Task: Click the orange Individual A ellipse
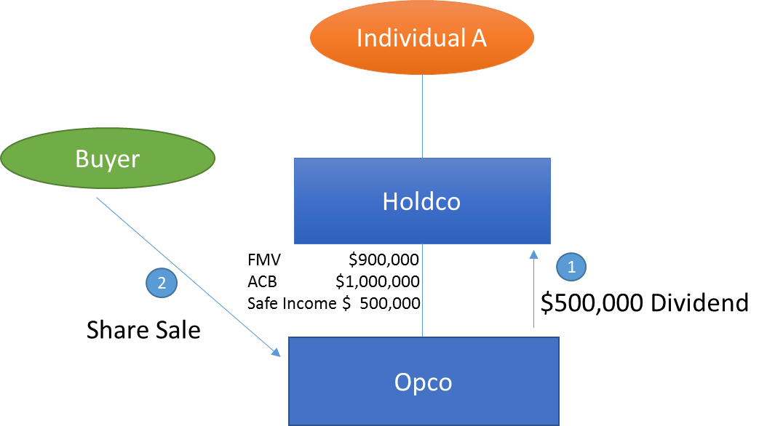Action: [422, 38]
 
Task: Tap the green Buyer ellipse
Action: [108, 158]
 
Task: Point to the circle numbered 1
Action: [571, 267]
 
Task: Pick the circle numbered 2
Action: [162, 283]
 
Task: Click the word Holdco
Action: [421, 201]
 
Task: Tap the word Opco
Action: [423, 382]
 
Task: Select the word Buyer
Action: [107, 158]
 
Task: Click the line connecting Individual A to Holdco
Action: [423, 116]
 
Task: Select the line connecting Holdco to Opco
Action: [423, 291]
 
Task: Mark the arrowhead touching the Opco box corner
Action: [277, 353]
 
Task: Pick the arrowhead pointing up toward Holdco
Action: [533, 253]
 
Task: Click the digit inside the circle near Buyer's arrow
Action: [162, 284]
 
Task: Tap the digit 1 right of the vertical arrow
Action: [571, 268]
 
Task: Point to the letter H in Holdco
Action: [389, 201]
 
